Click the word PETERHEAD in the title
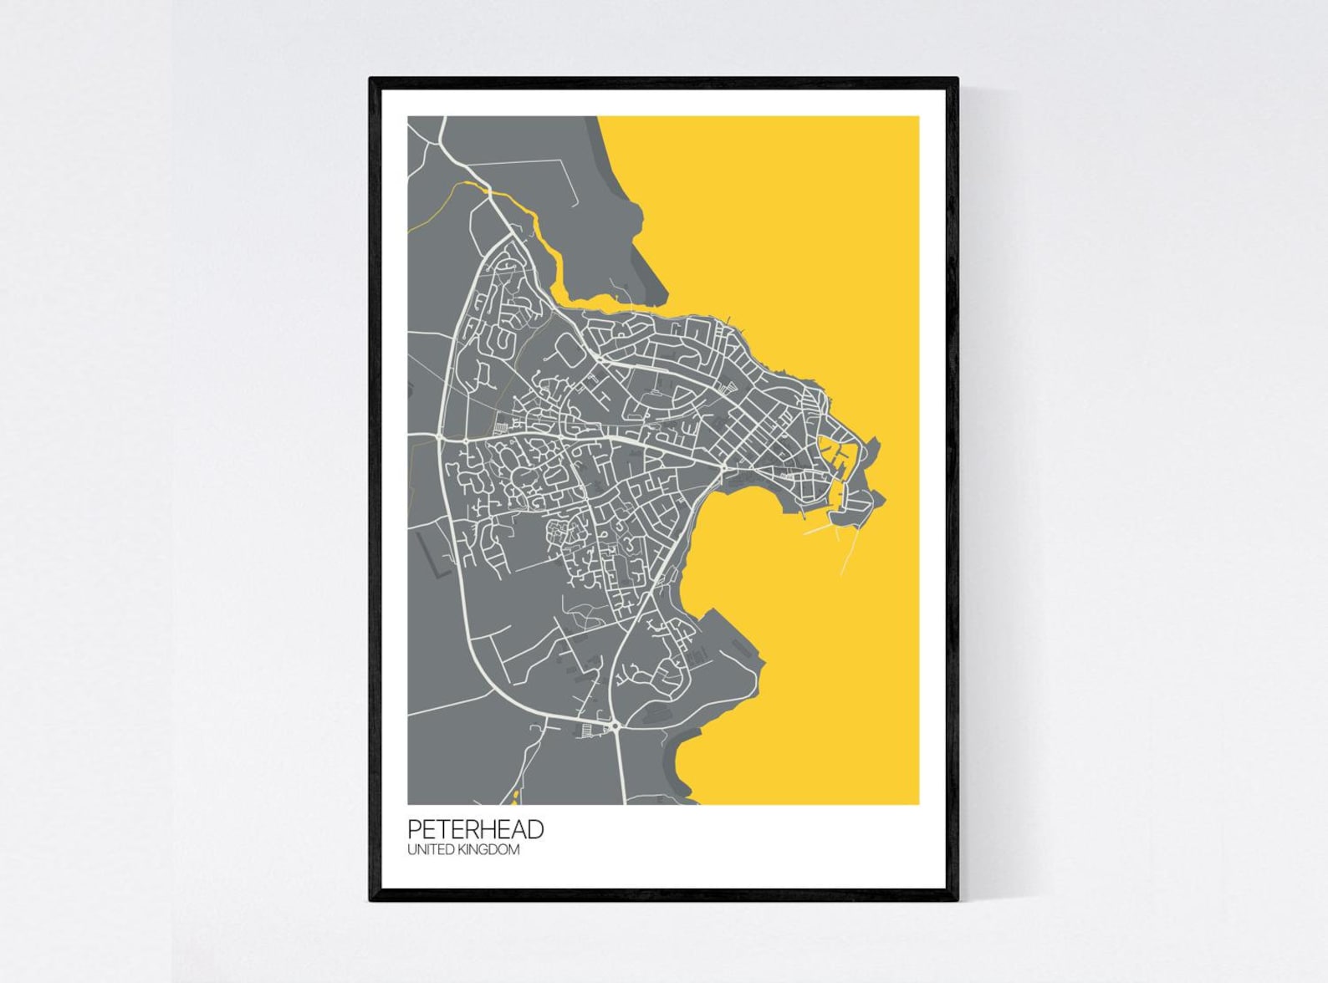[x=476, y=829]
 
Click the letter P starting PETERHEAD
[x=415, y=829]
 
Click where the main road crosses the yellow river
[x=488, y=191]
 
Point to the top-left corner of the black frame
[x=370, y=79]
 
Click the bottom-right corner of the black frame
[x=958, y=901]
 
